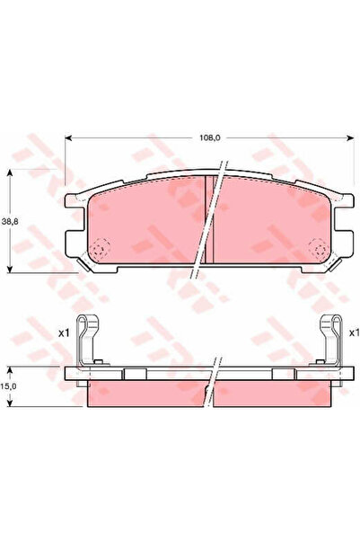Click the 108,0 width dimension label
[208, 137]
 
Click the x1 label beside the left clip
[64, 332]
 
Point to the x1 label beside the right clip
[355, 332]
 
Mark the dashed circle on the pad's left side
[101, 248]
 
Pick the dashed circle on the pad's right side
[315, 248]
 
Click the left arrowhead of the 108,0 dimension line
[69, 137]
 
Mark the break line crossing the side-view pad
[213, 377]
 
